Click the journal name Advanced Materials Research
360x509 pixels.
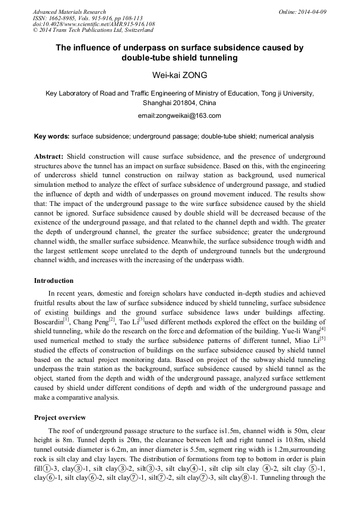coord(69,12)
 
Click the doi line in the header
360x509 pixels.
coord(93,24)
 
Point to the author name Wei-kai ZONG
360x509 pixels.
coord(179,75)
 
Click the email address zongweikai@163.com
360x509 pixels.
coord(179,115)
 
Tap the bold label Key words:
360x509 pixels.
coord(52,136)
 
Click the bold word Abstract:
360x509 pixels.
coord(49,157)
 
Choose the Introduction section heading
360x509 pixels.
coord(54,281)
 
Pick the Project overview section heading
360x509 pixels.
coord(59,418)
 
